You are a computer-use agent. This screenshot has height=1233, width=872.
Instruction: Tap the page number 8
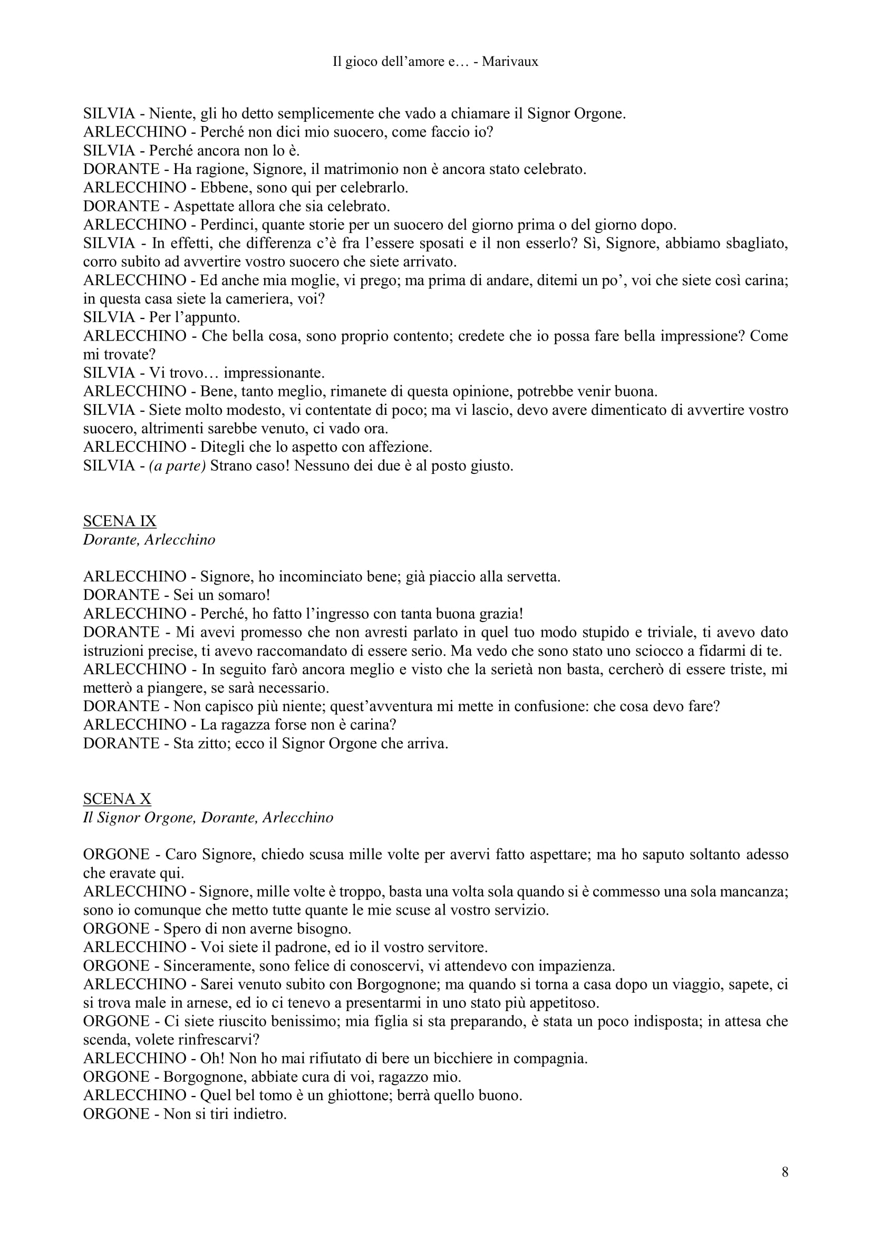tap(784, 1172)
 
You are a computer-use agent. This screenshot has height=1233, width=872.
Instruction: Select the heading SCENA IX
tap(120, 521)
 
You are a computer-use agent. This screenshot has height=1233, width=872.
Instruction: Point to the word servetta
tap(527, 577)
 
